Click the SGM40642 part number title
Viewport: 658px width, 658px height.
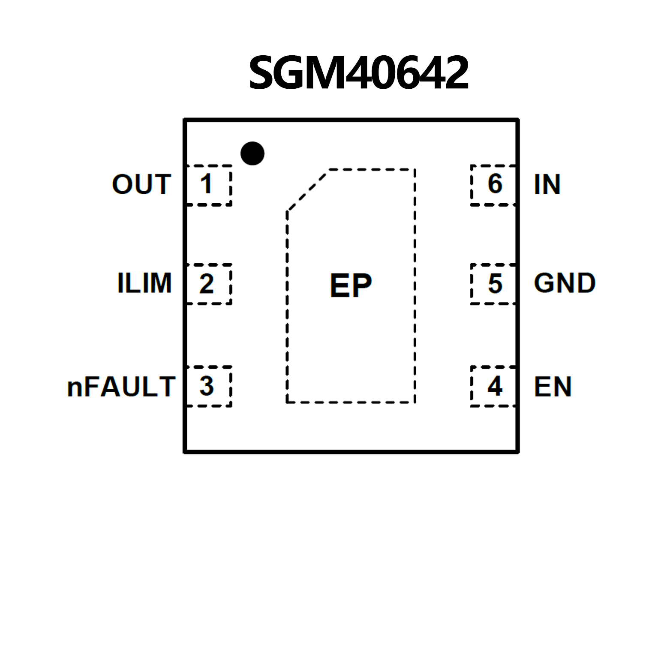pyautogui.click(x=358, y=73)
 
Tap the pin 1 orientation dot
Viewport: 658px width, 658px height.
pyautogui.click(x=252, y=153)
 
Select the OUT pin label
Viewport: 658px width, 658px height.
pyautogui.click(x=141, y=184)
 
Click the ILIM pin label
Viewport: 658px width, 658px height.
pyautogui.click(x=144, y=283)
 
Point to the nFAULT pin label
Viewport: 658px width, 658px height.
pyautogui.click(x=121, y=387)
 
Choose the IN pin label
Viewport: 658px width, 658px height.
pyautogui.click(x=547, y=185)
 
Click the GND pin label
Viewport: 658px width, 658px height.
pyautogui.click(x=565, y=283)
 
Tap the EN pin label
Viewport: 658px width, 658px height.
pyautogui.click(x=553, y=387)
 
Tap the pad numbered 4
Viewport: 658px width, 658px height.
pyautogui.click(x=493, y=386)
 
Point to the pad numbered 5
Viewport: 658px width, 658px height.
pyautogui.click(x=493, y=284)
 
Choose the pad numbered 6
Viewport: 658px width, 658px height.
pyautogui.click(x=493, y=185)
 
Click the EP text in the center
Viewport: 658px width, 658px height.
pyautogui.click(x=351, y=286)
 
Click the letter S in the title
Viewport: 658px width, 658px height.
pyautogui.click(x=263, y=73)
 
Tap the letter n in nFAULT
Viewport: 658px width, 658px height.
pyautogui.click(x=75, y=388)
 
